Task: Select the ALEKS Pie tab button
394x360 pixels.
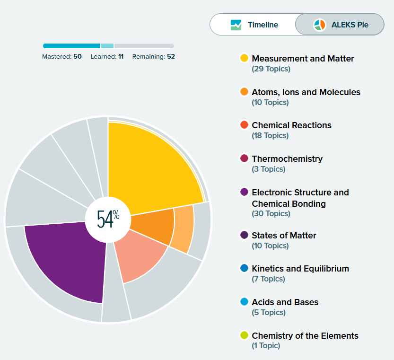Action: (x=340, y=25)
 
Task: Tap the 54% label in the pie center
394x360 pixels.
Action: (x=108, y=219)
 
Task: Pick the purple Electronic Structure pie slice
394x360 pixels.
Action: (x=71, y=260)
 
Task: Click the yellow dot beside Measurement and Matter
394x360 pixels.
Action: (x=244, y=59)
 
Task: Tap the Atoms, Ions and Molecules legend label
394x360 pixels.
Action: (x=306, y=92)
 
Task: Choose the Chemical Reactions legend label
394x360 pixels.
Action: (x=291, y=125)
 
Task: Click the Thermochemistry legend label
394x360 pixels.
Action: (x=287, y=159)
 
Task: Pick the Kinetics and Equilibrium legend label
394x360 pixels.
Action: (x=300, y=269)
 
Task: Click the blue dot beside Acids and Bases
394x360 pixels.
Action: (x=244, y=302)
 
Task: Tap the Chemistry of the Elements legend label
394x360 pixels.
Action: (x=305, y=336)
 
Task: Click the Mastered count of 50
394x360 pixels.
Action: (x=78, y=57)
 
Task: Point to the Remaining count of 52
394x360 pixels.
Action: (x=171, y=57)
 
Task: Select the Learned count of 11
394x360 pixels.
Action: (x=121, y=57)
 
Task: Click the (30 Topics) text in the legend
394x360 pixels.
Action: (x=271, y=214)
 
